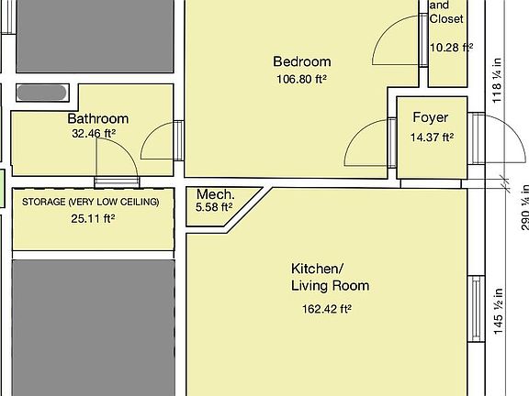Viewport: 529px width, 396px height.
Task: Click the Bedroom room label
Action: (x=301, y=61)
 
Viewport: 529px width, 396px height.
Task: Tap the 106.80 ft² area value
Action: (x=301, y=79)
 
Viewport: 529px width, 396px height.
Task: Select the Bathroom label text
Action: (x=97, y=118)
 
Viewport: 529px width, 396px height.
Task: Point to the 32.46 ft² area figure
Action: (x=93, y=134)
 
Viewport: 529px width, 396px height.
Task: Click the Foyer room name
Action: (x=430, y=118)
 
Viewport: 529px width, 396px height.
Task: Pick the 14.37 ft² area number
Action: (x=432, y=137)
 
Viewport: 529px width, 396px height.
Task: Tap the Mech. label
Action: (x=216, y=194)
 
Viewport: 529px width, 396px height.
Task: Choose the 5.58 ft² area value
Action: (x=214, y=208)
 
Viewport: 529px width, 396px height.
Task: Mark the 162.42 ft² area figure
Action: (x=327, y=309)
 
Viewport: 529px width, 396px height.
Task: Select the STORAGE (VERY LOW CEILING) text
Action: (x=91, y=202)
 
